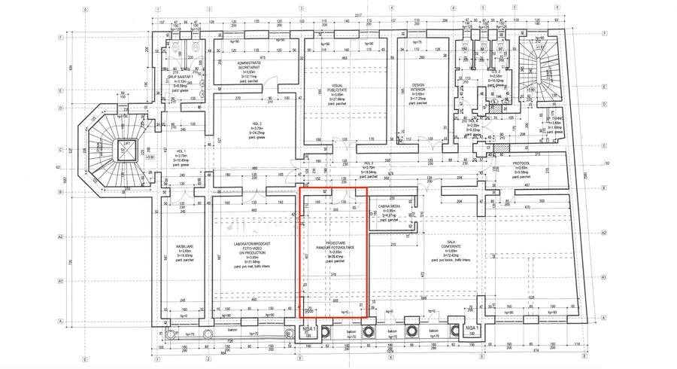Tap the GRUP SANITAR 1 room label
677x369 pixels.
(x=180, y=78)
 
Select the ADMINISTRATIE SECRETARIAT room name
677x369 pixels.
(x=249, y=65)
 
